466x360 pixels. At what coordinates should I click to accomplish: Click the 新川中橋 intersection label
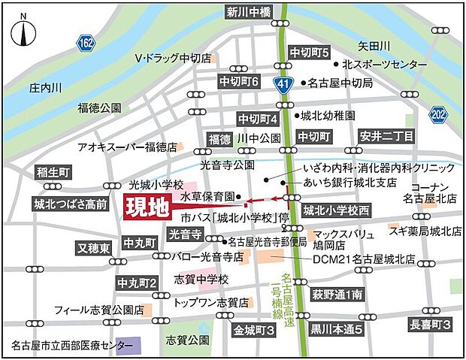click(x=254, y=11)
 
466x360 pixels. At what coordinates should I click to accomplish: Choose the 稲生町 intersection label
click(x=53, y=173)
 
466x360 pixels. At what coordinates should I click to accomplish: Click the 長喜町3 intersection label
click(x=431, y=325)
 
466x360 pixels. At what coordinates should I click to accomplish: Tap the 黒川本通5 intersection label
click(x=337, y=329)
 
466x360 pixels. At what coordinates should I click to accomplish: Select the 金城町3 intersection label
click(x=254, y=330)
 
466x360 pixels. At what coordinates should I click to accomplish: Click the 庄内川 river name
click(x=44, y=88)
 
